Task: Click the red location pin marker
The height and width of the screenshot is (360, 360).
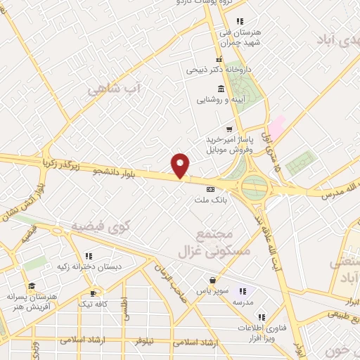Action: click(x=181, y=166)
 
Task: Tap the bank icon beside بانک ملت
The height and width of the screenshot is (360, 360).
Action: click(x=210, y=189)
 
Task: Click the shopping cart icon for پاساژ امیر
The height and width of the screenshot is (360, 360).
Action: click(x=229, y=129)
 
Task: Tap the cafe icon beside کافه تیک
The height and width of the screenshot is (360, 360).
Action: click(x=92, y=292)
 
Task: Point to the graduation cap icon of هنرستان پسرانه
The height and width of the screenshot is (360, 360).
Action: click(x=31, y=286)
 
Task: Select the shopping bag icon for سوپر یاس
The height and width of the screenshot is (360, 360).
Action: click(x=212, y=280)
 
